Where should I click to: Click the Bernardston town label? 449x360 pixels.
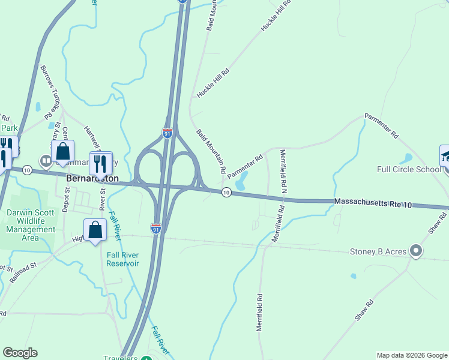pos(92,179)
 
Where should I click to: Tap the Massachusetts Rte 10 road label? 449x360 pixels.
pos(373,203)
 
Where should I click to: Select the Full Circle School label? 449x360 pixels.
pos(409,169)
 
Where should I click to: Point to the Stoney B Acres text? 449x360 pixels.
pos(379,251)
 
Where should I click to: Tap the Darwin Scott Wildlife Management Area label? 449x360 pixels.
pos(31,225)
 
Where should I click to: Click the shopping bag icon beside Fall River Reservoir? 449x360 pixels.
pos(95,230)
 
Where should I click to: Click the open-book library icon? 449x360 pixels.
pos(46,161)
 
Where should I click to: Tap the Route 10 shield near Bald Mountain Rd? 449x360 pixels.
pos(226,192)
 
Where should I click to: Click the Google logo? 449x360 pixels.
pos(20,353)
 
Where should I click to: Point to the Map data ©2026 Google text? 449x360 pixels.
pos(411,355)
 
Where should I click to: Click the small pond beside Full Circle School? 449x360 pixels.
pos(406,159)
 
